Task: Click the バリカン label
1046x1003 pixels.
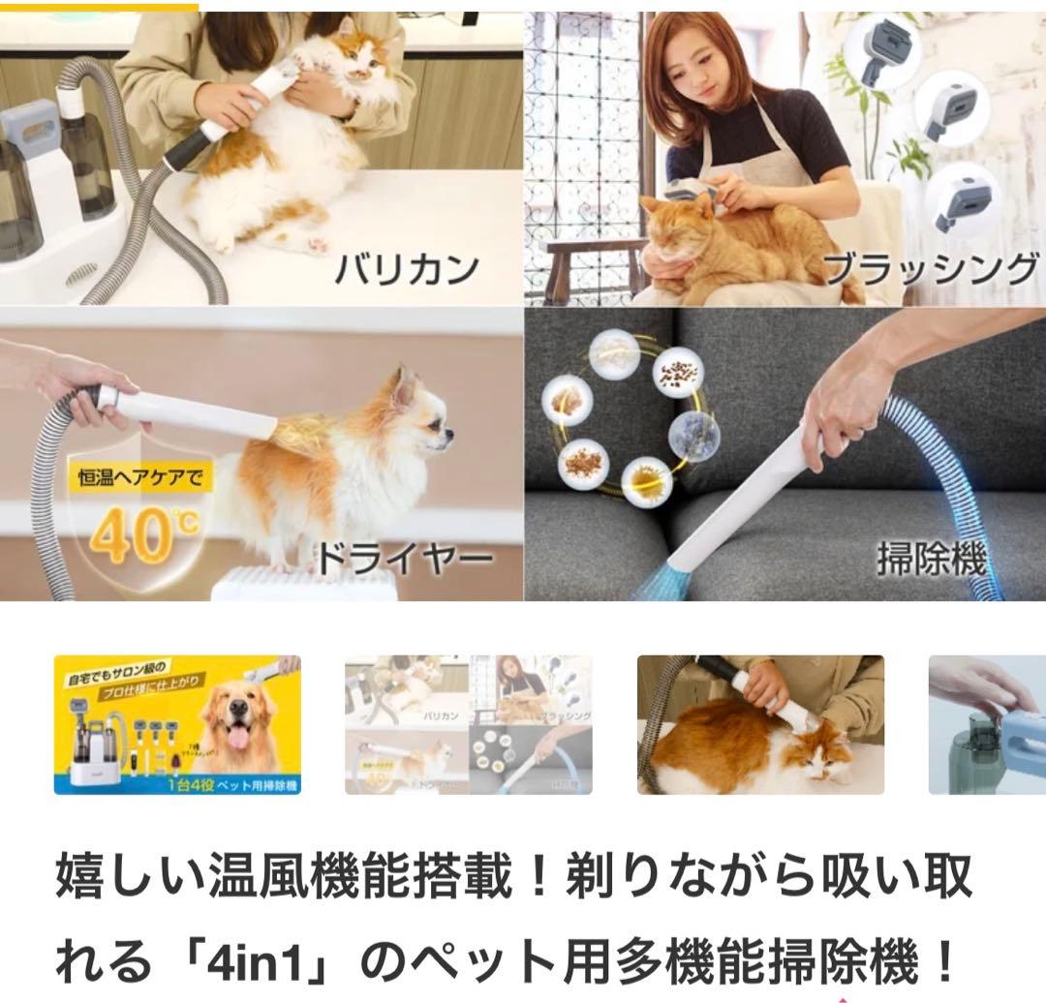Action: [407, 267]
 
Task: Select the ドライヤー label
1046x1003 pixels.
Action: [405, 558]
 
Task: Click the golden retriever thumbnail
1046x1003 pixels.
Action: [177, 724]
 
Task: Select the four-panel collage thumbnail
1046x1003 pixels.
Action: [468, 724]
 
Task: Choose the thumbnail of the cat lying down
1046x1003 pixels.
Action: [760, 724]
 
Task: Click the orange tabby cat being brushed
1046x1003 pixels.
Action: [717, 242]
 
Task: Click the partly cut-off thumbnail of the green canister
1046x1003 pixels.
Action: [987, 724]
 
